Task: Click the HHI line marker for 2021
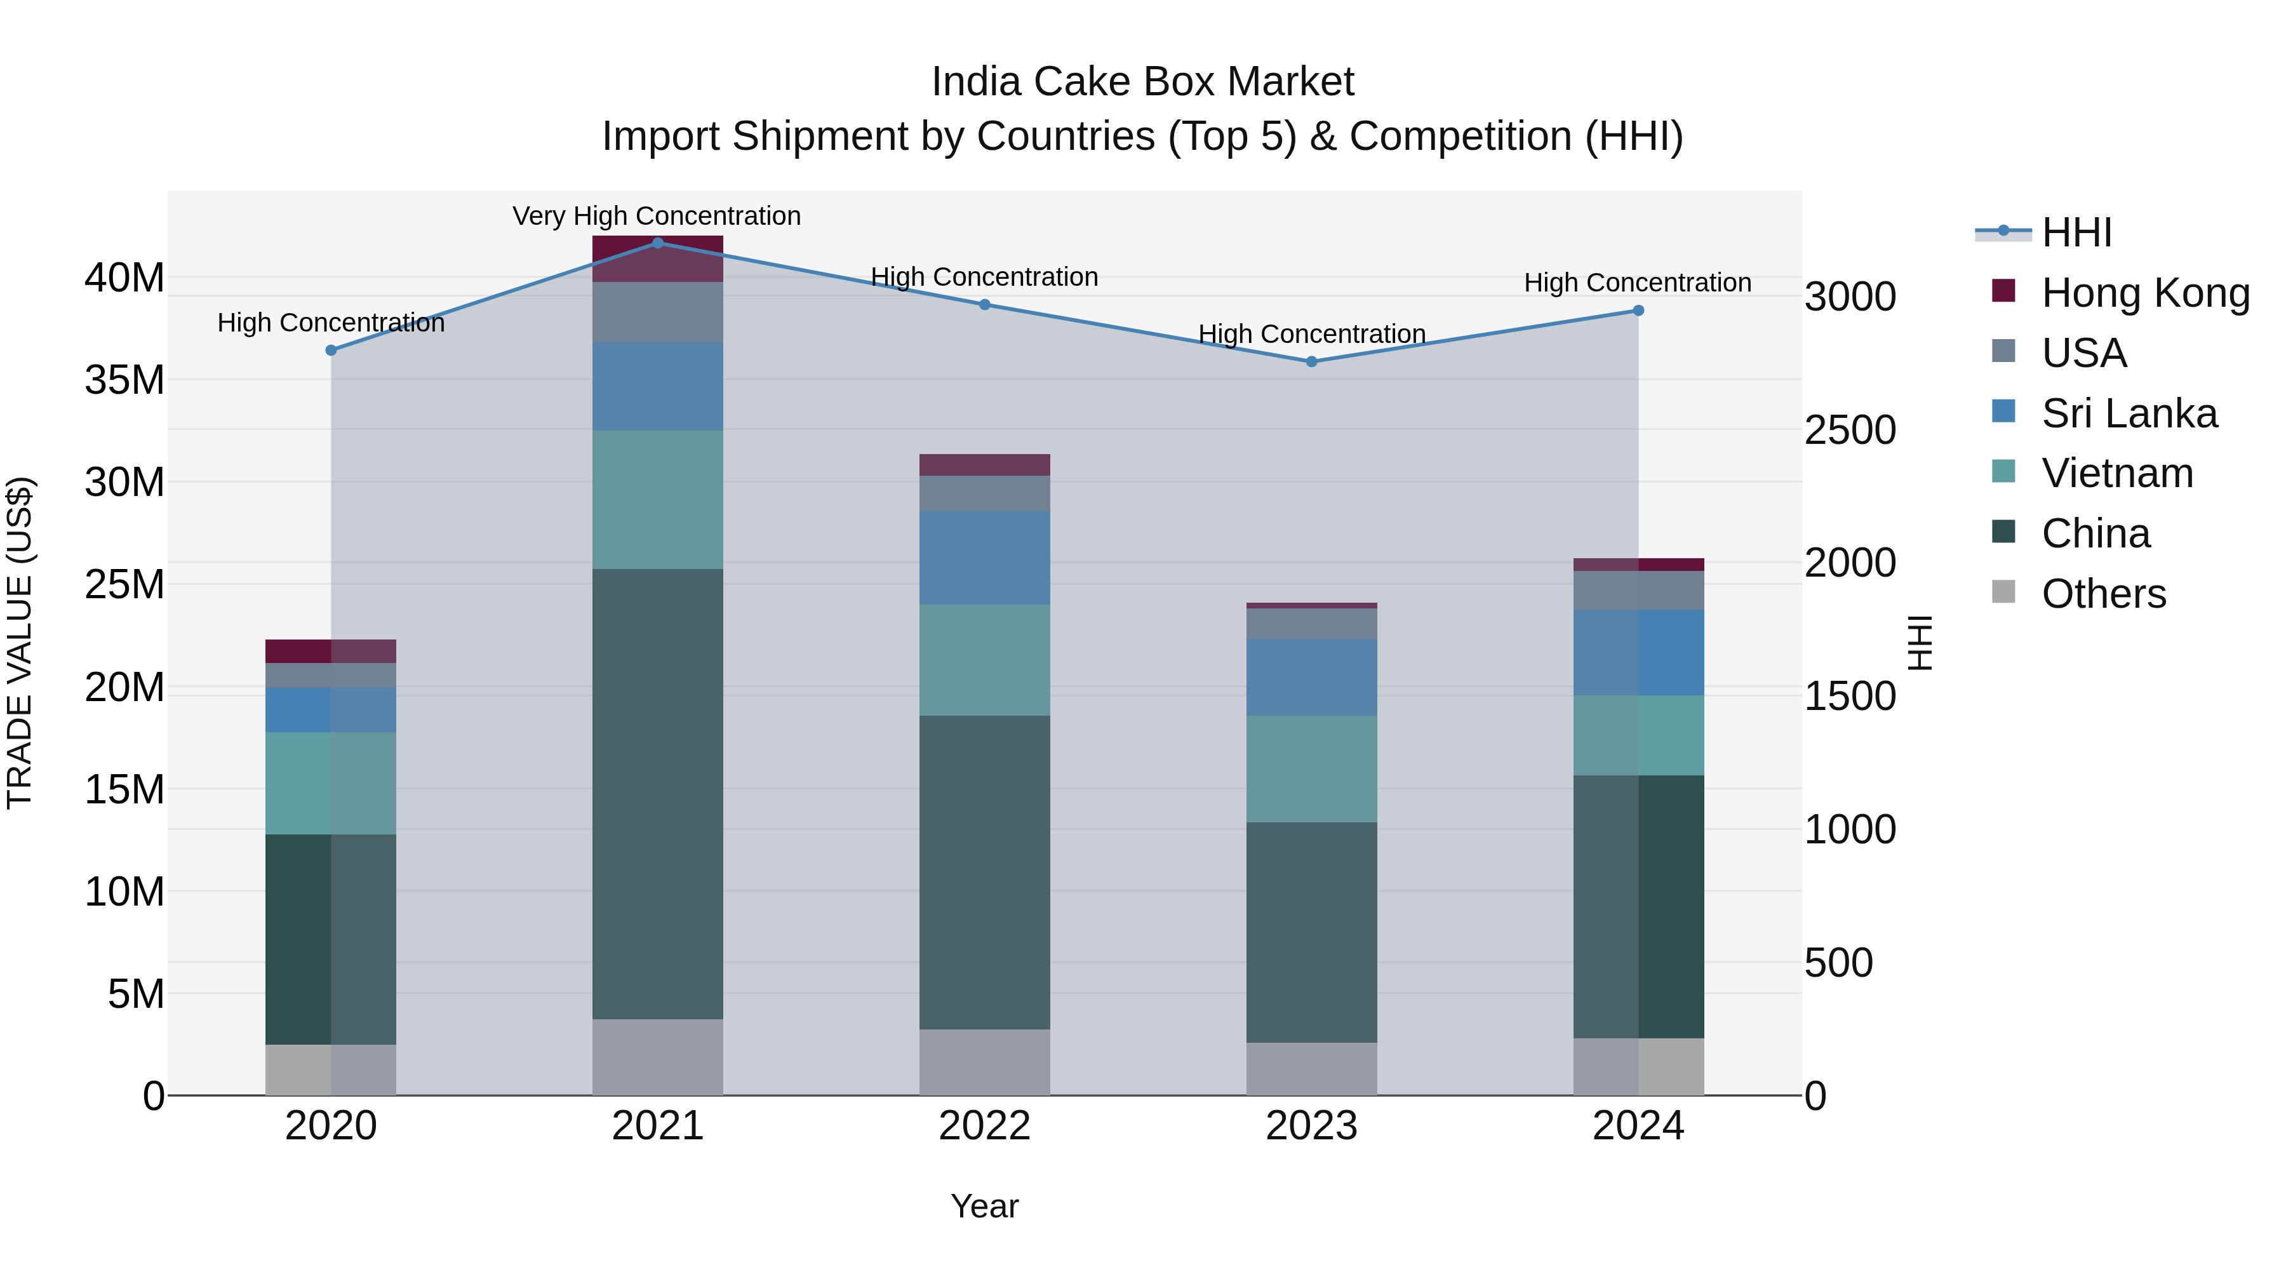tap(658, 243)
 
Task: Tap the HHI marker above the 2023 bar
tap(1312, 361)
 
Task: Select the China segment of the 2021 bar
tap(658, 794)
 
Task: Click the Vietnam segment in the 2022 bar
tap(984, 660)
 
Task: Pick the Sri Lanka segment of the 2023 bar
tap(1312, 677)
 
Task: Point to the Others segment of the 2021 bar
tap(658, 1057)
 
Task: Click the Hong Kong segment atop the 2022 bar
tap(984, 465)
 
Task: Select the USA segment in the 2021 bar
tap(658, 312)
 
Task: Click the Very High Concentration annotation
tap(657, 216)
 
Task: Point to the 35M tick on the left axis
tap(124, 380)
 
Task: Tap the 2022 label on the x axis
tap(984, 1126)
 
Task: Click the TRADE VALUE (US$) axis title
tap(20, 643)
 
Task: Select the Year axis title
tap(984, 1206)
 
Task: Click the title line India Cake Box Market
tap(1142, 82)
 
